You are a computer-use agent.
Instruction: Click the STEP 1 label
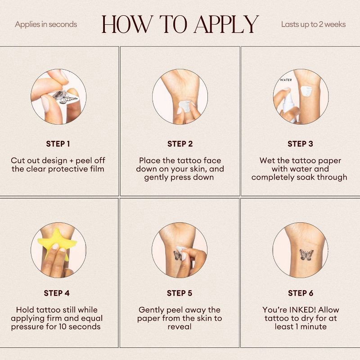point(58,144)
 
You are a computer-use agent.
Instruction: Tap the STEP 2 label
point(180,144)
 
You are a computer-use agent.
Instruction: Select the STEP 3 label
point(300,144)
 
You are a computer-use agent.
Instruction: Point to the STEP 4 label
point(57,293)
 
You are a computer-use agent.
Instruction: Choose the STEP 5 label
point(180,293)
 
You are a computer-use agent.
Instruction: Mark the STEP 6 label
point(301,293)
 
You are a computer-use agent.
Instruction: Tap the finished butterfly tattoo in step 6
point(306,255)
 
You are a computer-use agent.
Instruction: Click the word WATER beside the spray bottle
point(286,80)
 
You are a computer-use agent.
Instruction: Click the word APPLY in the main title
point(227,24)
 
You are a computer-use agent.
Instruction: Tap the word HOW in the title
point(127,24)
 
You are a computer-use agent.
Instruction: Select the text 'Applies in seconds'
point(46,24)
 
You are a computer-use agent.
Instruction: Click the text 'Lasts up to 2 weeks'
point(313,24)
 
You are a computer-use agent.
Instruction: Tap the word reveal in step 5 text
point(180,327)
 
